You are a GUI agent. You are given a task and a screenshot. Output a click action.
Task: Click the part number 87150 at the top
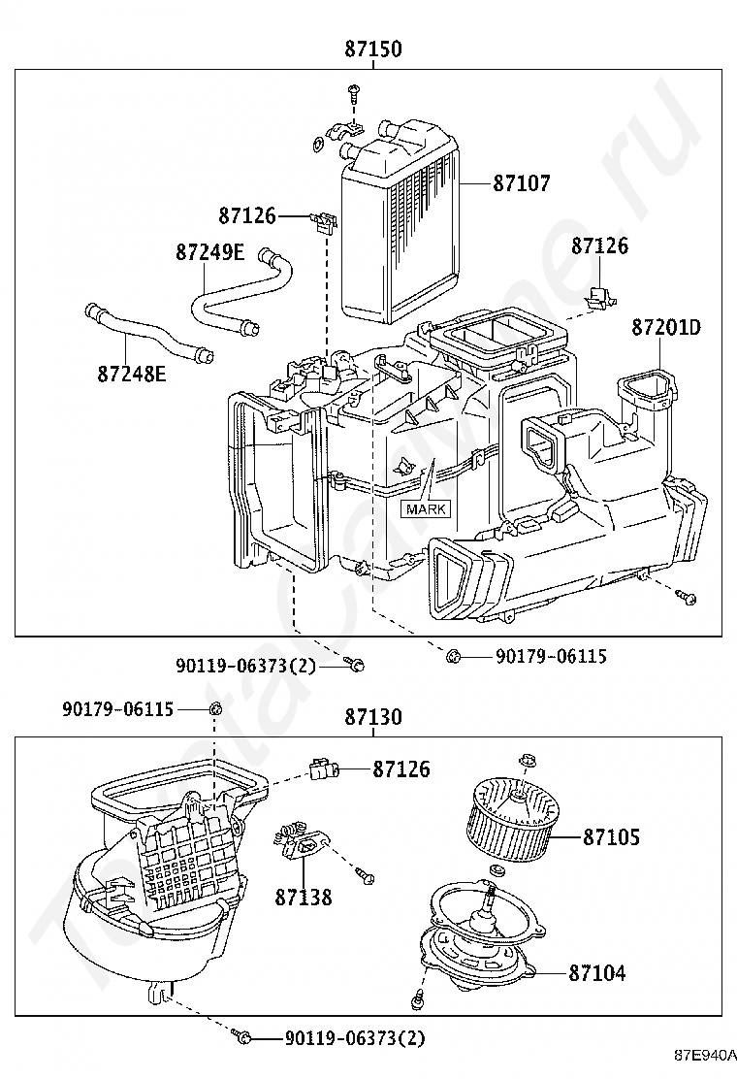pyautogui.click(x=373, y=49)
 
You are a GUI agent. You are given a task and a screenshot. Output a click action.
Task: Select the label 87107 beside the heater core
pyautogui.click(x=522, y=183)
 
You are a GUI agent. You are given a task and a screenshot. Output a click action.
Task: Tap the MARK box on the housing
pyautogui.click(x=427, y=509)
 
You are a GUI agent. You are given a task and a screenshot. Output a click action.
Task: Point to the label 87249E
pyautogui.click(x=209, y=252)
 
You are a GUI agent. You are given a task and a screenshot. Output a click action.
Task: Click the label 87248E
pyautogui.click(x=131, y=375)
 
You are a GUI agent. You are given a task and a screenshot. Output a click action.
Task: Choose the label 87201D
pyautogui.click(x=666, y=328)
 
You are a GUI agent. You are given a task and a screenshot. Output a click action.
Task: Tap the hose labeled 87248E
pyautogui.click(x=147, y=333)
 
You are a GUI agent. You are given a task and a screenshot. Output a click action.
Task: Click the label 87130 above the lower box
pyautogui.click(x=373, y=717)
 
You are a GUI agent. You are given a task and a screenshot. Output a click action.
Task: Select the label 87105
pyautogui.click(x=611, y=837)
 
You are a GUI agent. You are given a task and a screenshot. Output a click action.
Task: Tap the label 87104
pyautogui.click(x=596, y=973)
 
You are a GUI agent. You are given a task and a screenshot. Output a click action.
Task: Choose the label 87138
pyautogui.click(x=304, y=898)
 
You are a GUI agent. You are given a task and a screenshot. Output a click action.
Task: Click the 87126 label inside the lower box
pyautogui.click(x=401, y=769)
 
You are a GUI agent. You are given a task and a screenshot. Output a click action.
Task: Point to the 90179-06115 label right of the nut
pyautogui.click(x=552, y=657)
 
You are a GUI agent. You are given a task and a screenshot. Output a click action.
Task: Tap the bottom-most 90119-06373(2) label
pyautogui.click(x=355, y=1037)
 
